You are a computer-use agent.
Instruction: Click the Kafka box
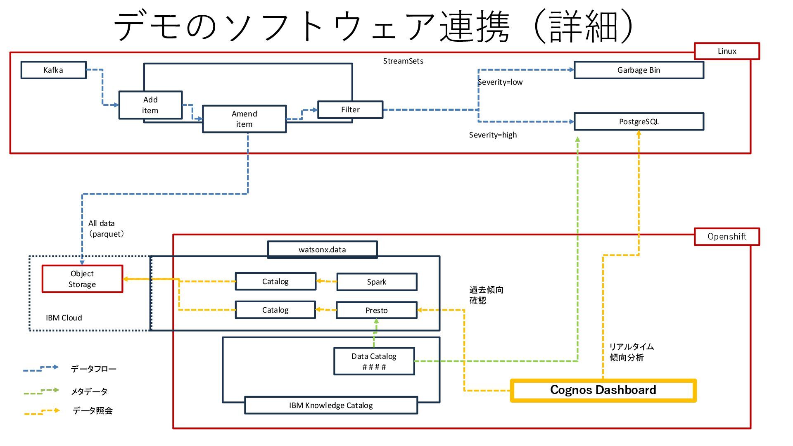tap(53, 70)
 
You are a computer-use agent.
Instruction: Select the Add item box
tap(150, 105)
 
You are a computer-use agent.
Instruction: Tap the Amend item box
tap(244, 119)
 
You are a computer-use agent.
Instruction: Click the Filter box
tap(350, 110)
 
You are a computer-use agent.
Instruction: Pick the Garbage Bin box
tap(639, 70)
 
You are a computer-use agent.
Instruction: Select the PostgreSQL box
tap(639, 122)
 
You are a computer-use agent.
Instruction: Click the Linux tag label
tap(727, 51)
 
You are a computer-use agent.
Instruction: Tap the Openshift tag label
tap(727, 237)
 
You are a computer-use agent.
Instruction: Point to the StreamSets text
tap(403, 61)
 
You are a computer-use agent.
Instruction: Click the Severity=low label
tap(500, 82)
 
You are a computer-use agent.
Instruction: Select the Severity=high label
tap(493, 135)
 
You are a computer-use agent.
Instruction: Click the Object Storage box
tap(82, 279)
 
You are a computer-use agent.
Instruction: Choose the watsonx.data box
tap(322, 250)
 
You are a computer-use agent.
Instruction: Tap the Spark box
tap(376, 282)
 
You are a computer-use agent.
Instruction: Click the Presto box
tap(376, 311)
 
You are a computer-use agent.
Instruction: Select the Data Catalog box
tap(374, 361)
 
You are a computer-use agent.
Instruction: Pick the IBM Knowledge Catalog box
tap(331, 406)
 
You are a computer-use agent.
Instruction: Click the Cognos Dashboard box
tap(603, 390)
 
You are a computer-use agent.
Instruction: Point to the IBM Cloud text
tap(64, 318)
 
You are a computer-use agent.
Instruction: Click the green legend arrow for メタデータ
tap(41, 391)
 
